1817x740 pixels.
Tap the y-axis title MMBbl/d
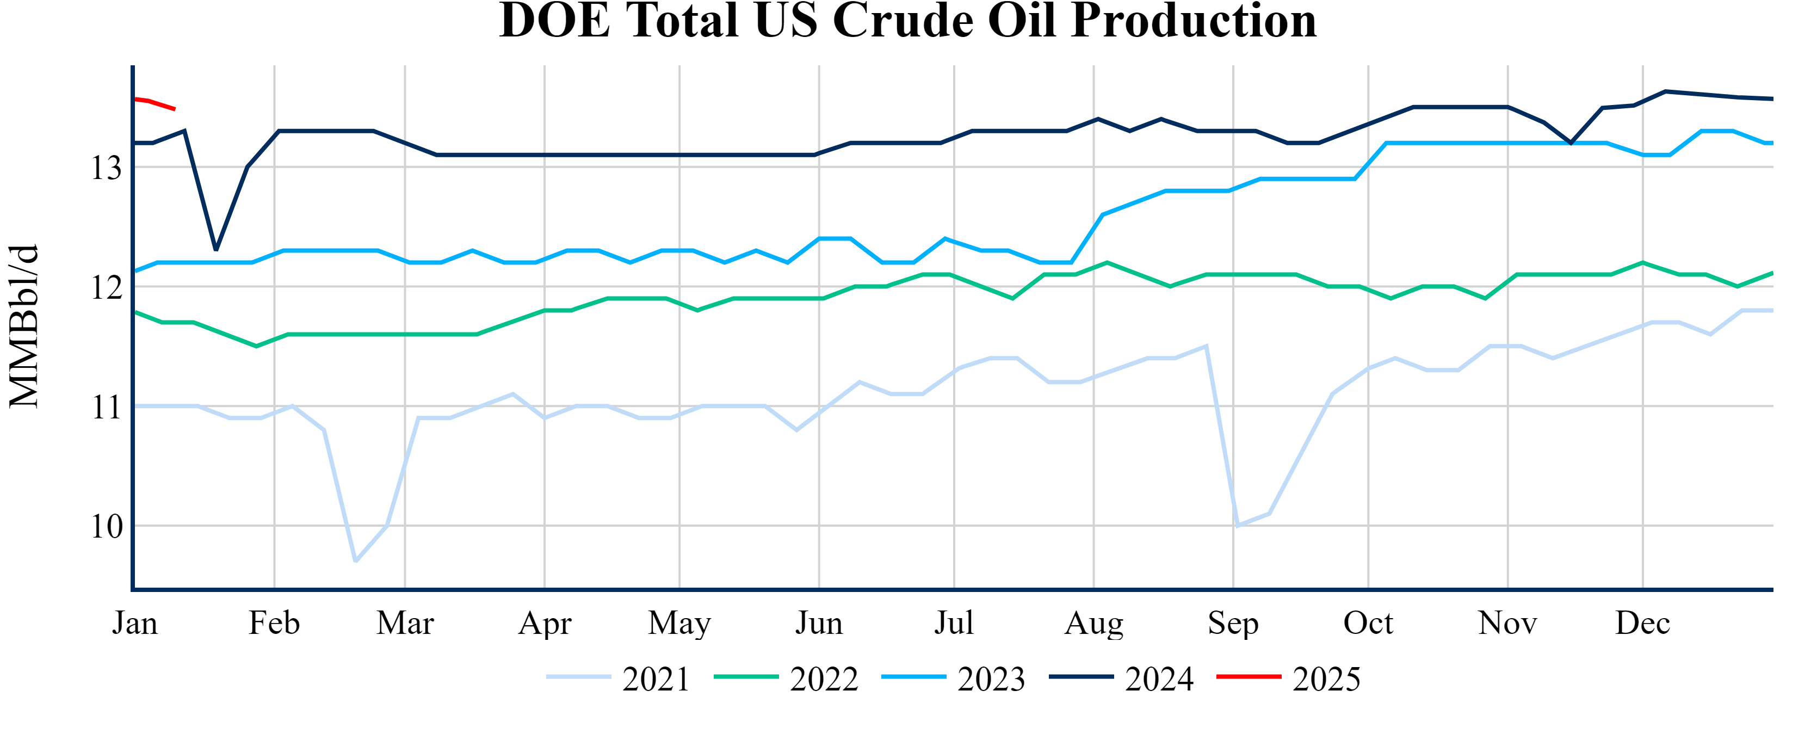pyautogui.click(x=24, y=326)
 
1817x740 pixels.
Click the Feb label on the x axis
pyautogui.click(x=274, y=623)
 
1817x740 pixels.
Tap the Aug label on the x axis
pyautogui.click(x=1093, y=623)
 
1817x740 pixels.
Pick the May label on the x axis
pyautogui.click(x=679, y=623)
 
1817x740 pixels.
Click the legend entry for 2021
pyautogui.click(x=619, y=679)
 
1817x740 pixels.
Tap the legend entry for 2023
pyautogui.click(x=954, y=679)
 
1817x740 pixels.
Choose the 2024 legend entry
pyautogui.click(x=1122, y=679)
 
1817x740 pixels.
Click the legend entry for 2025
pyautogui.click(x=1289, y=679)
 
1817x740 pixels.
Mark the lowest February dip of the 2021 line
pyautogui.click(x=355, y=562)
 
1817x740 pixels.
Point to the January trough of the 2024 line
pyautogui.click(x=216, y=250)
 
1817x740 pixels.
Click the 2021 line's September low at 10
pyautogui.click(x=1237, y=526)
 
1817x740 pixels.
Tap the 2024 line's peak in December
pyautogui.click(x=1665, y=91)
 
